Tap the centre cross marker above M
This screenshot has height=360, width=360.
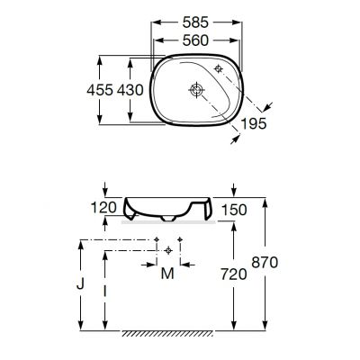pos(169,248)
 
